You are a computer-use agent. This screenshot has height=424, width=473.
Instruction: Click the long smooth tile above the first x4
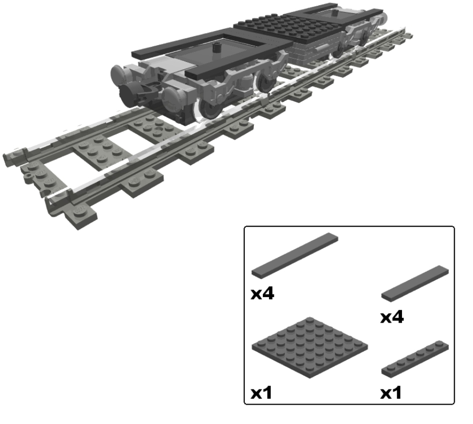click(294, 255)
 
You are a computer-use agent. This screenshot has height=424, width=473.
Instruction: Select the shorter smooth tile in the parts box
click(415, 283)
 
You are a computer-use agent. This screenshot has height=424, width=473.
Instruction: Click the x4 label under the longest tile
click(262, 293)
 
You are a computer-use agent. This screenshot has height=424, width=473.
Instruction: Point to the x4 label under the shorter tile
click(392, 317)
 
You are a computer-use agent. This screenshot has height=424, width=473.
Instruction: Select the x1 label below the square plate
click(262, 392)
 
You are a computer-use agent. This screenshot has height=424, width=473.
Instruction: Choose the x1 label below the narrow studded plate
click(392, 392)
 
